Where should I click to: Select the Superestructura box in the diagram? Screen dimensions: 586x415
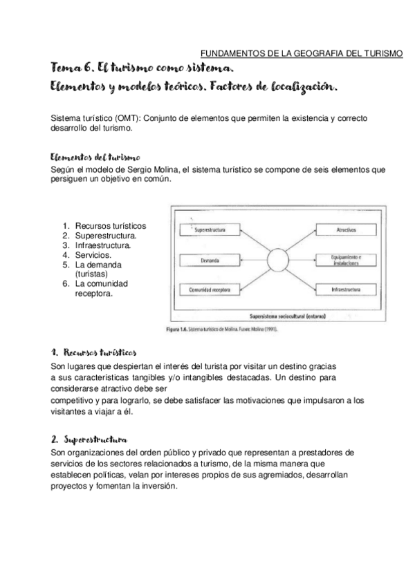pyautogui.click(x=208, y=228)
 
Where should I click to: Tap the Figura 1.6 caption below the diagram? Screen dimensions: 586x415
pyautogui.click(x=223, y=330)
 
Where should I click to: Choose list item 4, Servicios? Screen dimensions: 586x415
pyautogui.click(x=93, y=255)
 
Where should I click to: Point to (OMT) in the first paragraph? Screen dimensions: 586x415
pyautogui.click(x=121, y=118)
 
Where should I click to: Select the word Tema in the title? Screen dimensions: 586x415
pyautogui.click(x=68, y=70)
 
